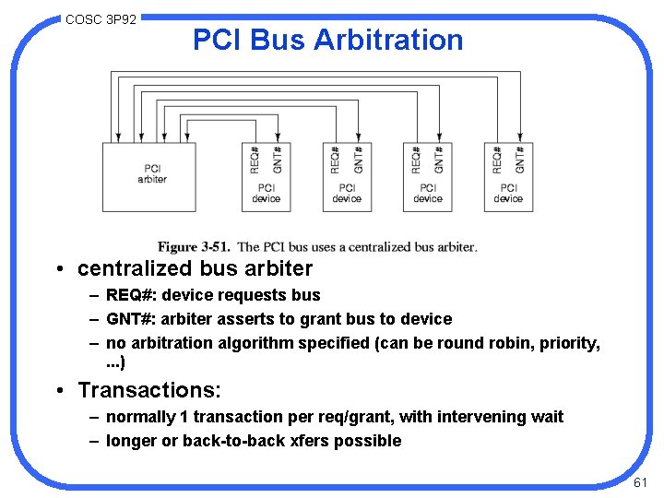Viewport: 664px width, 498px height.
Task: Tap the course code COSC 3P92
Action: [101, 18]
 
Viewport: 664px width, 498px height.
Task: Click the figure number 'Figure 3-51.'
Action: [194, 247]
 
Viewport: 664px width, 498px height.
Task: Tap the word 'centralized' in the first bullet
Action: [135, 269]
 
